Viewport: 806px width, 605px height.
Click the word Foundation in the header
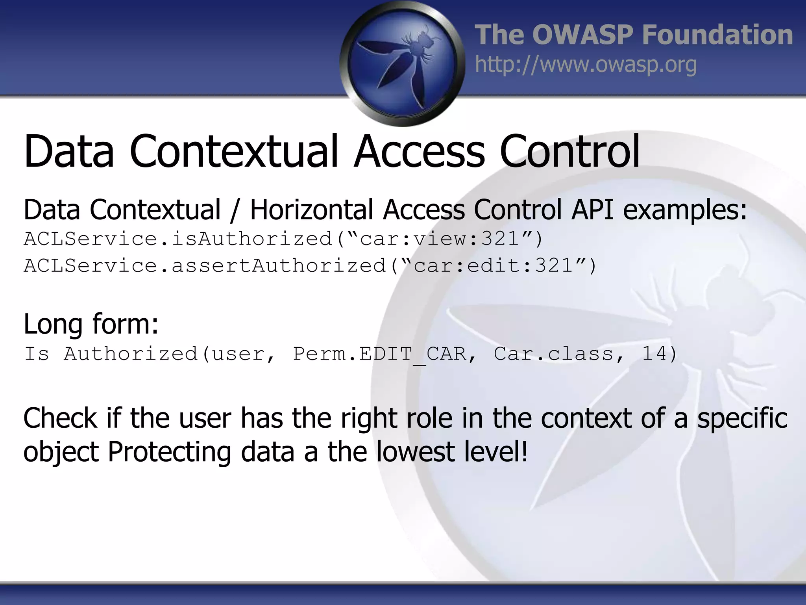pos(717,35)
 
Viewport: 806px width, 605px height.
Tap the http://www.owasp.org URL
pos(586,65)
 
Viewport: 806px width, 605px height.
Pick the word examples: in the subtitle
pos(685,210)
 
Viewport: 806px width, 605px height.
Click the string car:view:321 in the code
pos(440,239)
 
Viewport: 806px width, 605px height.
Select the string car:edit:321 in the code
pos(493,265)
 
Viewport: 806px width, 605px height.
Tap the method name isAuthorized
pos(252,239)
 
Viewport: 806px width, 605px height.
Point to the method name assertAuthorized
pos(279,265)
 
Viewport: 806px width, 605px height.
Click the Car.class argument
pos(553,354)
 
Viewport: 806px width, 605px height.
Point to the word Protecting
pos(169,452)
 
